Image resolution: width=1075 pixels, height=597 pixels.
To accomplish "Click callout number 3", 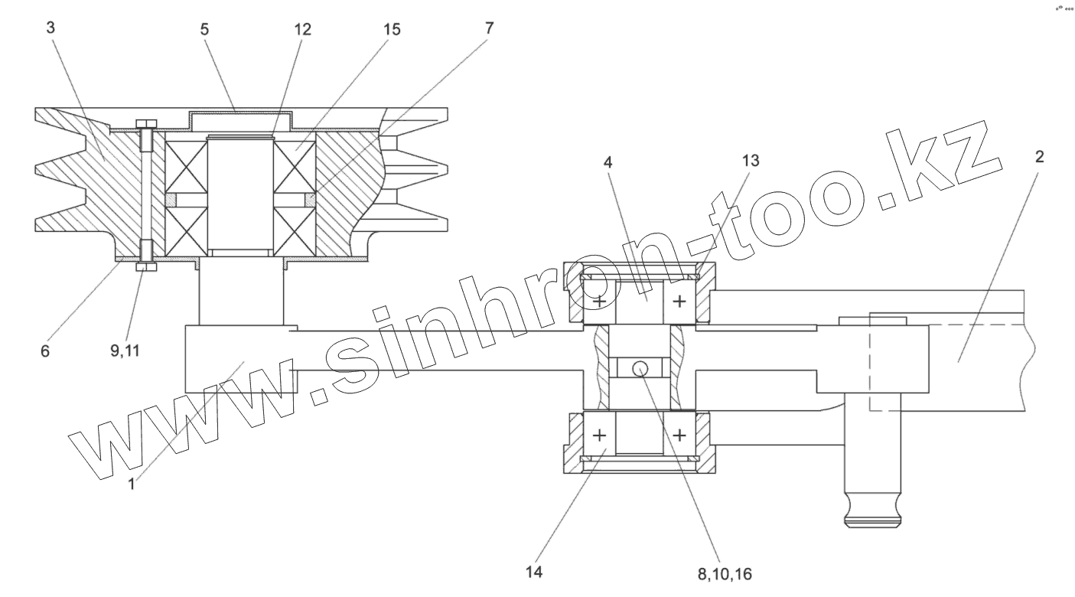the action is [x=50, y=28].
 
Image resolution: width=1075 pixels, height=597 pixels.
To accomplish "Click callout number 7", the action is [x=489, y=28].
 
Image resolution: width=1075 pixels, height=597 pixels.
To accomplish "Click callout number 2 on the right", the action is [x=1039, y=157].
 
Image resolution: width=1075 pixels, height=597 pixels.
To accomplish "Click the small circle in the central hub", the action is [x=640, y=369].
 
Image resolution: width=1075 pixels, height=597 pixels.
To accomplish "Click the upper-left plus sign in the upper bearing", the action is [x=599, y=302].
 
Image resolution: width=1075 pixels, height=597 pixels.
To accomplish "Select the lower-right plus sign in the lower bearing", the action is [x=679, y=436].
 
